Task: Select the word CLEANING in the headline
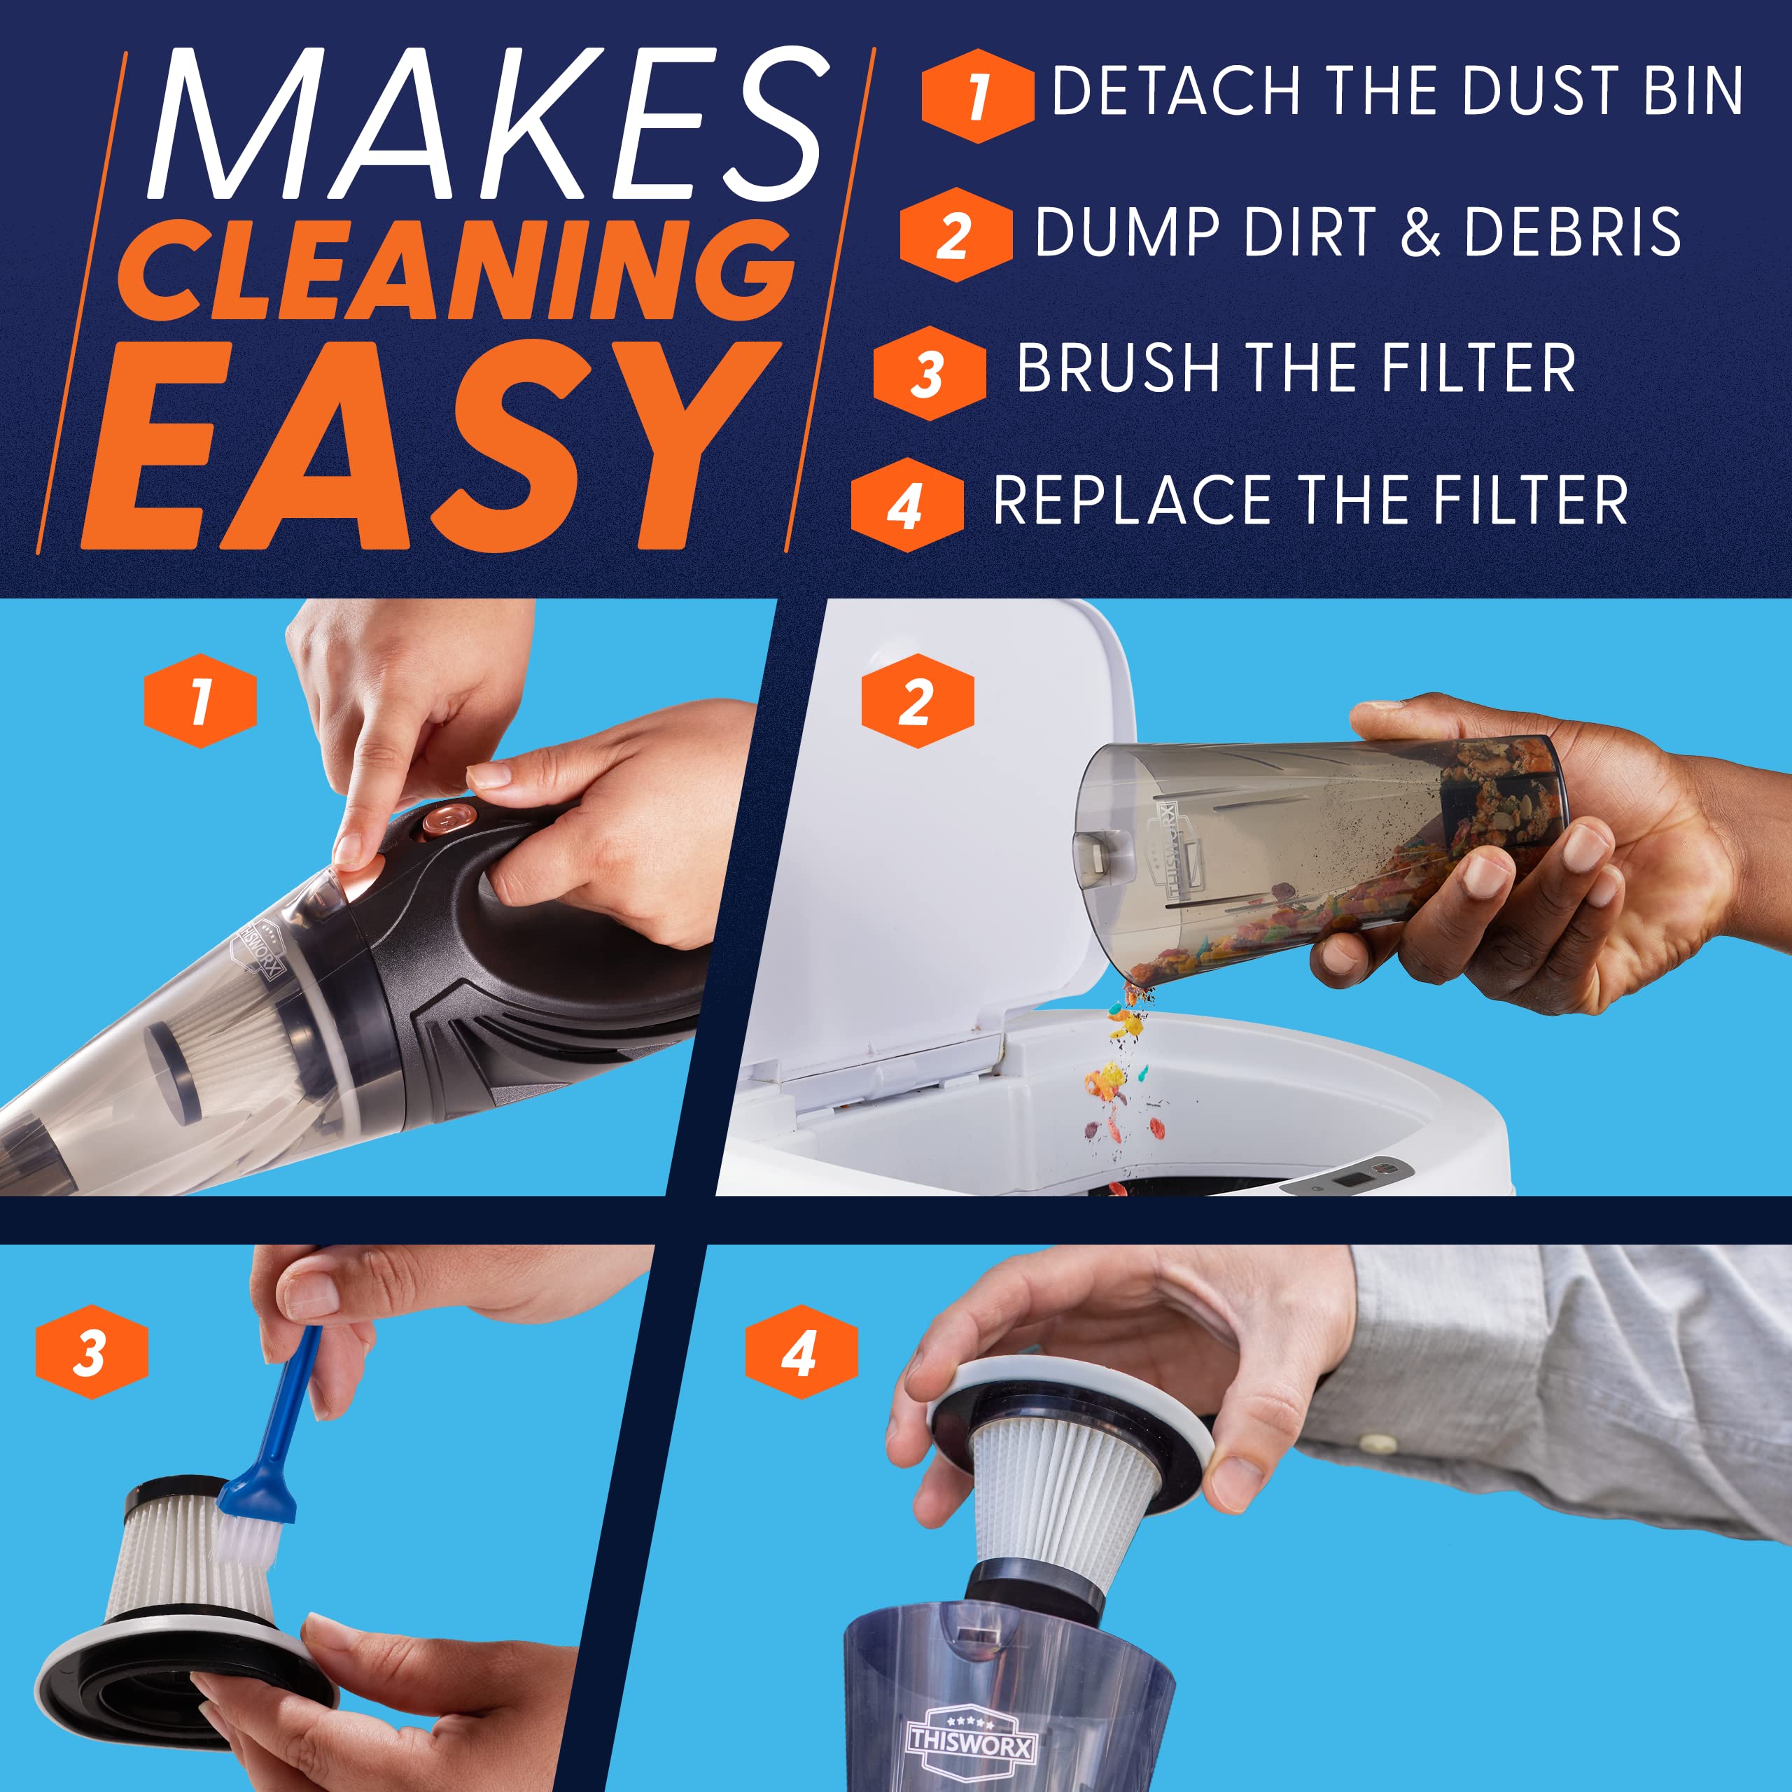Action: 454,271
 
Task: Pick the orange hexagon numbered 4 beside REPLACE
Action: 906,505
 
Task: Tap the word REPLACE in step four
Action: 1132,501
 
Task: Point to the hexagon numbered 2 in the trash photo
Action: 916,701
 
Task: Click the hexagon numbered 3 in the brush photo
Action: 91,1352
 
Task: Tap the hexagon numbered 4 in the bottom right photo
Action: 801,1352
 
